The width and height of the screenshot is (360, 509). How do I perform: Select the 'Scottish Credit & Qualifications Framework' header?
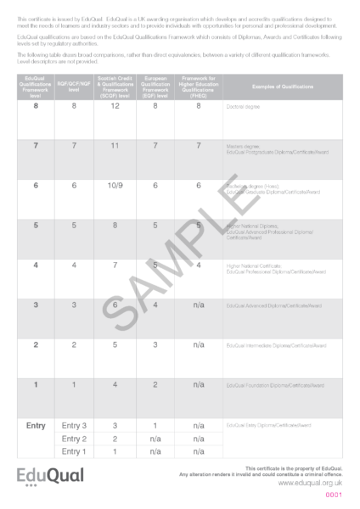115,87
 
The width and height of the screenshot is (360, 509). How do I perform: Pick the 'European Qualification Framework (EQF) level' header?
156,87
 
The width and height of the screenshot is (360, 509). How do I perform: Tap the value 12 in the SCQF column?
115,106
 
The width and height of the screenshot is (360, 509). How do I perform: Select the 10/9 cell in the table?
115,186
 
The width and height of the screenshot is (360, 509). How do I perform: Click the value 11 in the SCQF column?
115,146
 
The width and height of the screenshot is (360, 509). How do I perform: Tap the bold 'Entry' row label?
36,425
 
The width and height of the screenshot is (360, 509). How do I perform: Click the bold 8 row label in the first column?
36,106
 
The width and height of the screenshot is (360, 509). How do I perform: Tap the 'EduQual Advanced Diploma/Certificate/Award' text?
274,305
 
